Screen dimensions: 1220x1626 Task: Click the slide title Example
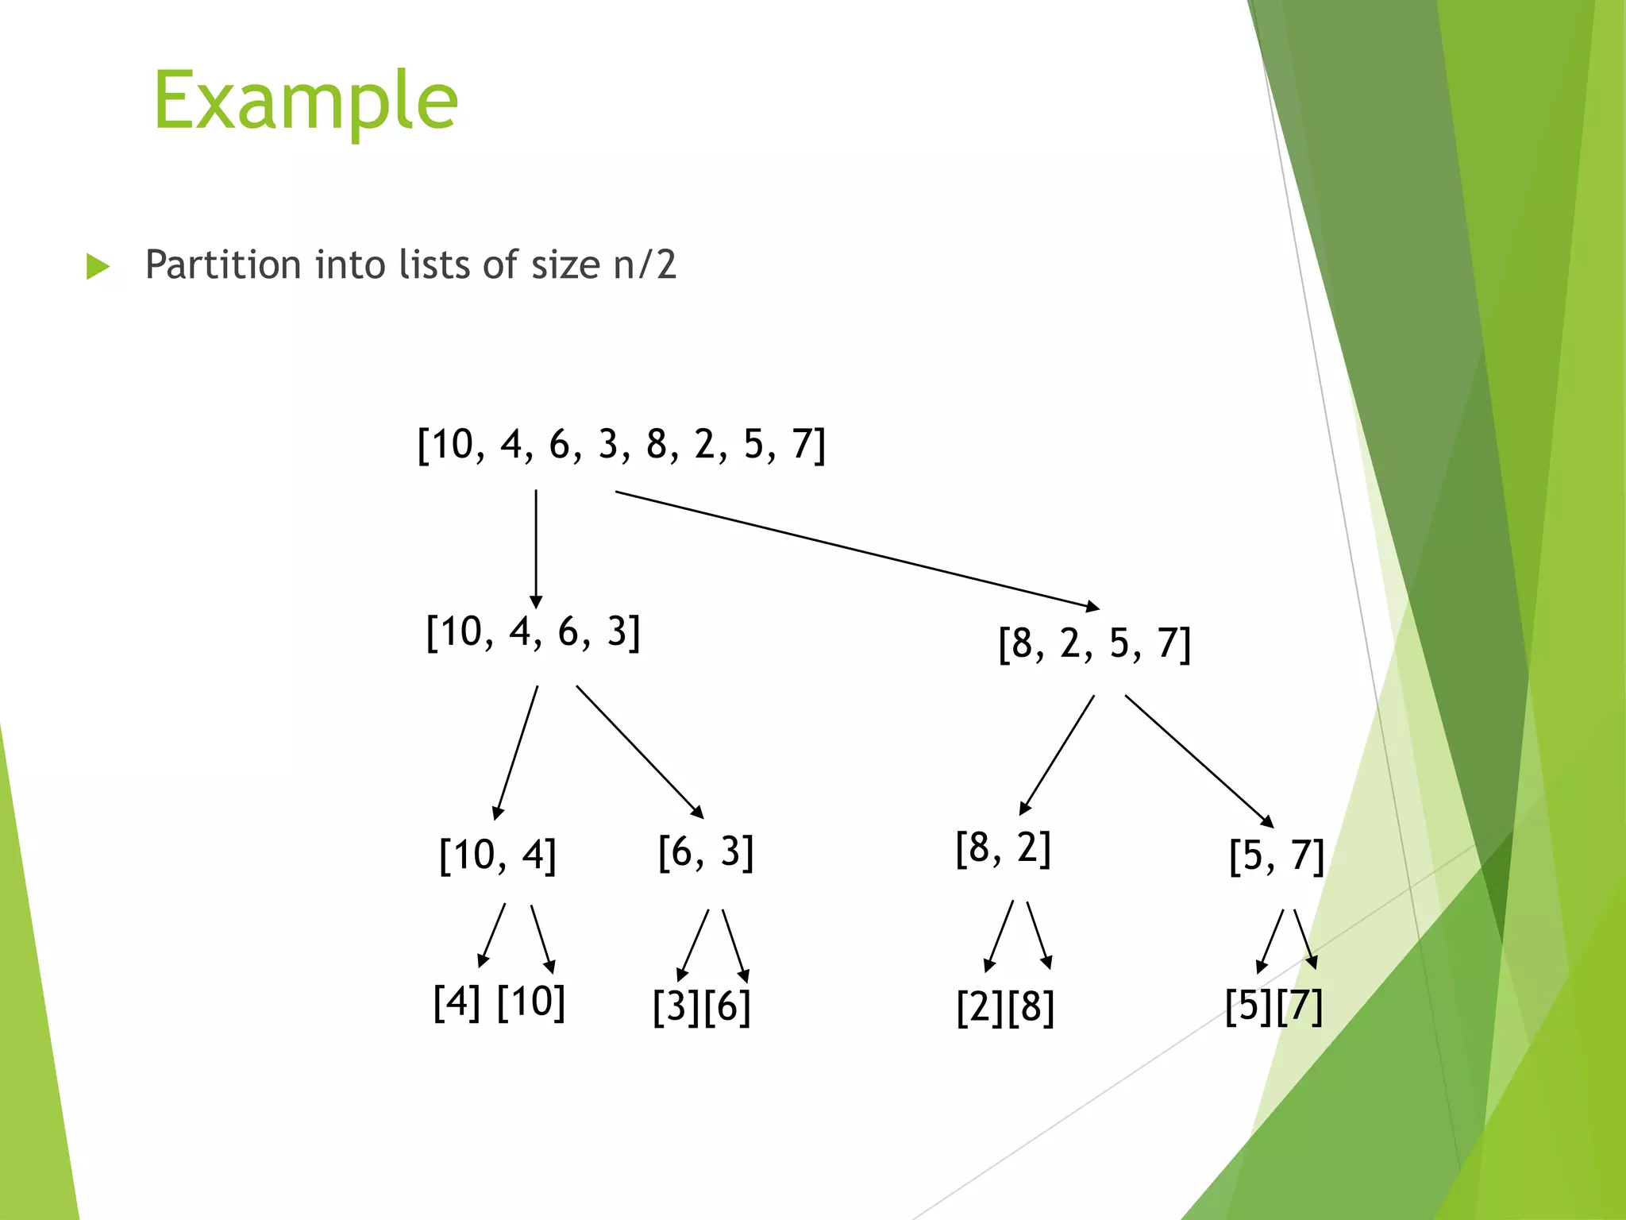[x=306, y=101]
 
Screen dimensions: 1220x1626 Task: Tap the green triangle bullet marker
[x=97, y=267]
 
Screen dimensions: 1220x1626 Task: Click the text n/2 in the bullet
[x=645, y=264]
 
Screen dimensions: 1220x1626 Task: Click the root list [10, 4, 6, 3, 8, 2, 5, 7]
[x=622, y=444]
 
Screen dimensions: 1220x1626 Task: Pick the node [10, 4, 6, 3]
[x=533, y=632]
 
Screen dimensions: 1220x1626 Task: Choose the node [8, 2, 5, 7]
[x=1095, y=643]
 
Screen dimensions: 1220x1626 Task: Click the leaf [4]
[x=457, y=1002]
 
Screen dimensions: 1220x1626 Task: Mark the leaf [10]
[x=531, y=1002]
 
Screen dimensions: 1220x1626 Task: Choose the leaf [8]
[x=1031, y=1007]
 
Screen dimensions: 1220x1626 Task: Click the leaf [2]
[x=981, y=1007]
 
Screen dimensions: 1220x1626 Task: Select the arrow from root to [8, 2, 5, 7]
[x=857, y=550]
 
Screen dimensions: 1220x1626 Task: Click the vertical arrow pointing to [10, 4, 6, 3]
[x=536, y=548]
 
